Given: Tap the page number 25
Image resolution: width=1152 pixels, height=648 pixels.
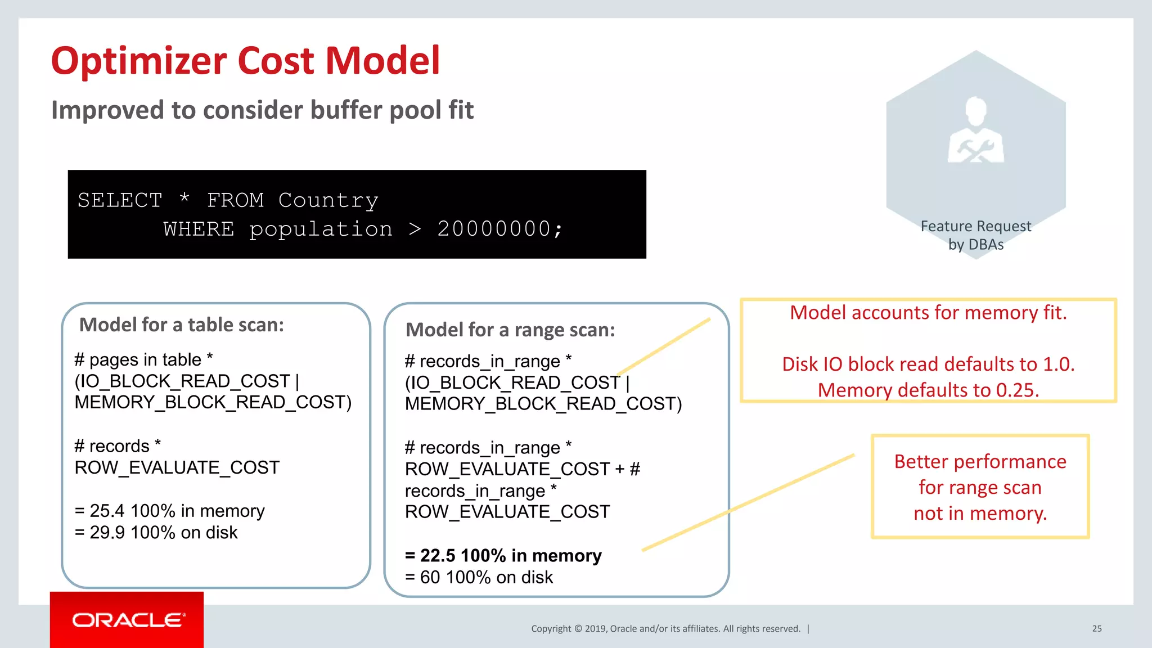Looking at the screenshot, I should (1096, 628).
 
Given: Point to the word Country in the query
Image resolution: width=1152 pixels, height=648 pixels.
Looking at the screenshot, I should (328, 200).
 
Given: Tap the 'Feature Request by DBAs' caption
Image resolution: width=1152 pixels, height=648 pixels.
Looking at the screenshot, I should (976, 235).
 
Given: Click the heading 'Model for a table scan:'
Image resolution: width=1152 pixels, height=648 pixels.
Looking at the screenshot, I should (181, 325).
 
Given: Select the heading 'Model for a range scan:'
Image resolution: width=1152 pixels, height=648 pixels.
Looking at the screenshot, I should (510, 330).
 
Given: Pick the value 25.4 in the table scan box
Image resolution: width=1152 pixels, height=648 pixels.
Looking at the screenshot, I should (107, 511).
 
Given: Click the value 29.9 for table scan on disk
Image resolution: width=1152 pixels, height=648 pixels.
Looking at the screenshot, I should (107, 532).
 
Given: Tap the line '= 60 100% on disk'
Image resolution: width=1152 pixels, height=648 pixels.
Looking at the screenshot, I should (479, 577).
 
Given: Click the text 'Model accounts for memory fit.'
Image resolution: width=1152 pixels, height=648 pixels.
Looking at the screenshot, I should (928, 313).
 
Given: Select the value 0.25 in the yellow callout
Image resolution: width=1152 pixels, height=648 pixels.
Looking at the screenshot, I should (1016, 390).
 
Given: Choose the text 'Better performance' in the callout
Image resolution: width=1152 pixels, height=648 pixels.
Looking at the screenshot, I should (980, 461).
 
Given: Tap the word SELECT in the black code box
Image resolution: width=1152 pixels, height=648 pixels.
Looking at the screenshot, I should (120, 200).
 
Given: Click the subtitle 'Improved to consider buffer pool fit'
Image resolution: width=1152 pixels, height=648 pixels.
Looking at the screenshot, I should (262, 110).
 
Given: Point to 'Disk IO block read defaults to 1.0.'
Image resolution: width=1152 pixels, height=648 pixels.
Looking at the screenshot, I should (928, 364).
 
